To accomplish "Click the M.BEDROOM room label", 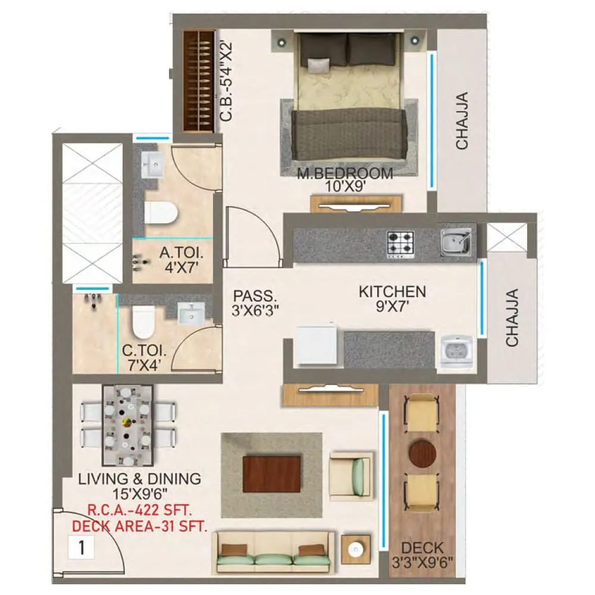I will pyautogui.click(x=346, y=174).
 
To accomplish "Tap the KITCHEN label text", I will pyautogui.click(x=392, y=292).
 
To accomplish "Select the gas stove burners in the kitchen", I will pyautogui.click(x=400, y=243).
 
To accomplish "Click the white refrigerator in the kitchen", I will pyautogui.click(x=317, y=345).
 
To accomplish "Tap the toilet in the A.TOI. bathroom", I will pyautogui.click(x=161, y=212).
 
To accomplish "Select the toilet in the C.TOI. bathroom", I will pyautogui.click(x=143, y=321).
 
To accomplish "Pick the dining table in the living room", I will pyautogui.click(x=127, y=425).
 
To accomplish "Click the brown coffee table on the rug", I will pyautogui.click(x=272, y=474).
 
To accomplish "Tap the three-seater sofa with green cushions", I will pyautogui.click(x=273, y=552).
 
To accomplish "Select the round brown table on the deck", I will pyautogui.click(x=422, y=454).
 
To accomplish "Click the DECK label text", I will pyautogui.click(x=422, y=547).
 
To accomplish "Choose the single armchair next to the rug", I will pyautogui.click(x=351, y=475).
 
